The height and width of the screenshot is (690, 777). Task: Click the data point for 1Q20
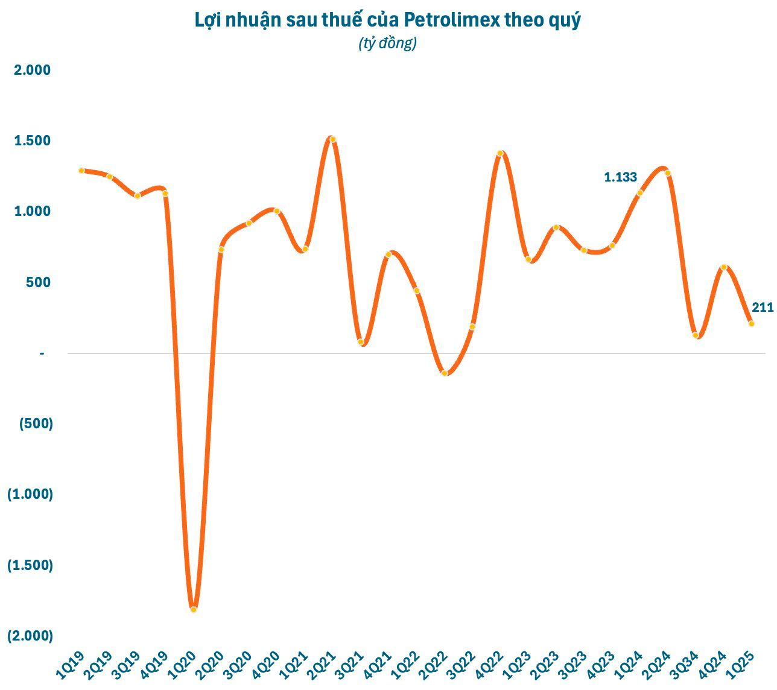tap(194, 609)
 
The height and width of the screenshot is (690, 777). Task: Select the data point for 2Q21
tap(332, 139)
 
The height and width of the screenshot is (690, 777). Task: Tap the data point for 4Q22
tap(500, 153)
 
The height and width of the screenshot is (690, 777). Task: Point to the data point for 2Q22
tap(445, 373)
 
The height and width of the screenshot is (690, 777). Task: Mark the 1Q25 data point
tap(752, 323)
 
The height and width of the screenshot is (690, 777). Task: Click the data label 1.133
tap(620, 177)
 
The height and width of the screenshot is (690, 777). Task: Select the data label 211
tap(763, 308)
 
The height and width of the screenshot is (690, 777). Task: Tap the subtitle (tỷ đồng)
tap(387, 43)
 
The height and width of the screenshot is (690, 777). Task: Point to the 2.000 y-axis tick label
tap(33, 70)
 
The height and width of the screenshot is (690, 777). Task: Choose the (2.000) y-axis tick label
tap(30, 636)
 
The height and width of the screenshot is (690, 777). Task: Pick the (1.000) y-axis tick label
tap(30, 495)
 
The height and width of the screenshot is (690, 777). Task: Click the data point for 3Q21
tap(361, 342)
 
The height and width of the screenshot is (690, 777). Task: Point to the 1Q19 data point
tap(81, 171)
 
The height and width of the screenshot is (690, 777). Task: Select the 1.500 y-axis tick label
tap(33, 141)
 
